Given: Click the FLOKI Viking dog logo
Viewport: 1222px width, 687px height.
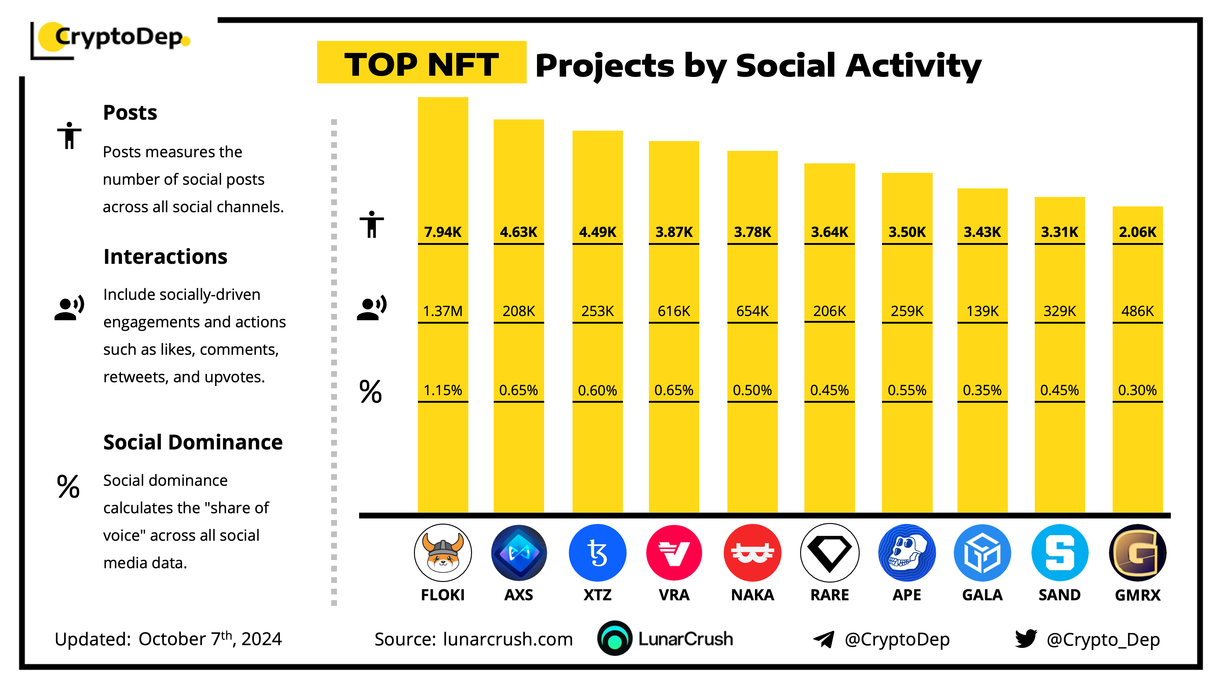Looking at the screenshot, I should pyautogui.click(x=443, y=553).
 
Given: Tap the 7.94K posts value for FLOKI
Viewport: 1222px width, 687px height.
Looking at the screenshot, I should pyautogui.click(x=443, y=232).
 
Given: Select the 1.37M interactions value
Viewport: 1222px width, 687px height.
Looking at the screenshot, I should pyautogui.click(x=443, y=311).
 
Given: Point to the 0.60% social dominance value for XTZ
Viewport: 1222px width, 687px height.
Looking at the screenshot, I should pyautogui.click(x=597, y=390).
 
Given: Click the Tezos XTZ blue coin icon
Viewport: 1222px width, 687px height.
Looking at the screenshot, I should pyautogui.click(x=597, y=553).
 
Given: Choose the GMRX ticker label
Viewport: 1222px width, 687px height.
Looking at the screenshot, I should pyautogui.click(x=1138, y=595).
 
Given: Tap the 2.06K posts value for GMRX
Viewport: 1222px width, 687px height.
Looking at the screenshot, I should pyautogui.click(x=1138, y=232).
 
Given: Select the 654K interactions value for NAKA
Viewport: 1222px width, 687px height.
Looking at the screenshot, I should pyautogui.click(x=752, y=311).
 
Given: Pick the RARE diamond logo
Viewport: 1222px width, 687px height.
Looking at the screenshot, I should pyautogui.click(x=830, y=553).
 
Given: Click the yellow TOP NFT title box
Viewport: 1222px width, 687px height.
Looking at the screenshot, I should pyautogui.click(x=421, y=63).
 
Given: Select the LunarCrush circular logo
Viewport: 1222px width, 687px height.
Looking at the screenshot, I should pyautogui.click(x=615, y=639).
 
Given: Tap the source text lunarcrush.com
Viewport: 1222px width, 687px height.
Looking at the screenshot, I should pyautogui.click(x=507, y=640).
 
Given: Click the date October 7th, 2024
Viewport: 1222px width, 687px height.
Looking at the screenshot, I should pyautogui.click(x=210, y=639).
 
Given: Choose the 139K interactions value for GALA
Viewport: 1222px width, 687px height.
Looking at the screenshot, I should pyautogui.click(x=982, y=311).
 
